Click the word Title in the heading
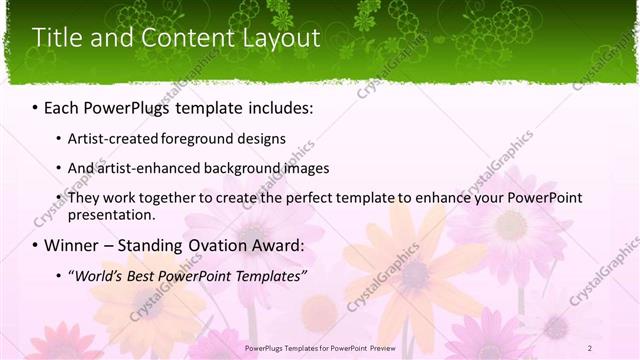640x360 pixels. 56,38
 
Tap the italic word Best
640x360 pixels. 149,275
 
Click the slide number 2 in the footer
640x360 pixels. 590,347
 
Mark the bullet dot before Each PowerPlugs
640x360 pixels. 36,107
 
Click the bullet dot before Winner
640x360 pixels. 36,246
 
